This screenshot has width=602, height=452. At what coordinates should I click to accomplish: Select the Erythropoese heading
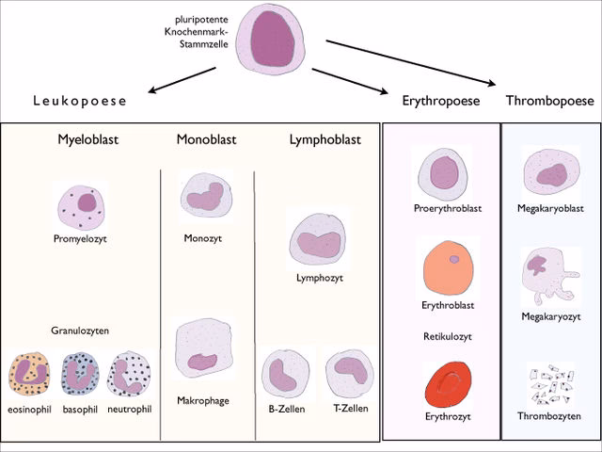click(x=441, y=101)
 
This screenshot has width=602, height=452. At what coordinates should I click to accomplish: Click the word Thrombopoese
click(x=549, y=101)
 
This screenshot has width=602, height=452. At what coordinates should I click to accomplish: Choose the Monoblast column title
click(x=206, y=140)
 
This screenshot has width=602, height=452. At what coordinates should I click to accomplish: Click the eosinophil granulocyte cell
click(x=28, y=375)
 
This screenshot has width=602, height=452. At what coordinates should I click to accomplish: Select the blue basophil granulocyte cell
click(x=80, y=375)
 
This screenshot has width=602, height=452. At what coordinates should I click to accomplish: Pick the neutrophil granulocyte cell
click(x=130, y=375)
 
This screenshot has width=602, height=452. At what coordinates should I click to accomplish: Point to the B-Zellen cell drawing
click(x=285, y=373)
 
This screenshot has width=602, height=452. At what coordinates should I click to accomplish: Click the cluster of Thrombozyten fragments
click(x=549, y=385)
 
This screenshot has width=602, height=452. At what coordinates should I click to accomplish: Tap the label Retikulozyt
click(x=447, y=336)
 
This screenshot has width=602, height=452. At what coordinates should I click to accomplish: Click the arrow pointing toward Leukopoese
click(x=182, y=80)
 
